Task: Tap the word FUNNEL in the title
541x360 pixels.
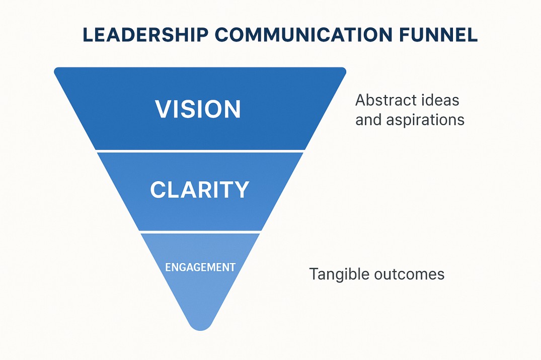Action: click(438, 36)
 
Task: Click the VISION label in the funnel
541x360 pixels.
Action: click(198, 109)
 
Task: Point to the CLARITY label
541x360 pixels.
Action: click(200, 190)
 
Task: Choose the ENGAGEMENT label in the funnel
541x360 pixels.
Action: click(200, 267)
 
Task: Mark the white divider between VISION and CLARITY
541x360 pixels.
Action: click(200, 150)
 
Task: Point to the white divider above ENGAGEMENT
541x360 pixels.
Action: click(200, 232)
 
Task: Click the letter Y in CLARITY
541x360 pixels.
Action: click(242, 190)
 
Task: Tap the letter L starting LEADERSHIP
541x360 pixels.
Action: click(87, 36)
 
